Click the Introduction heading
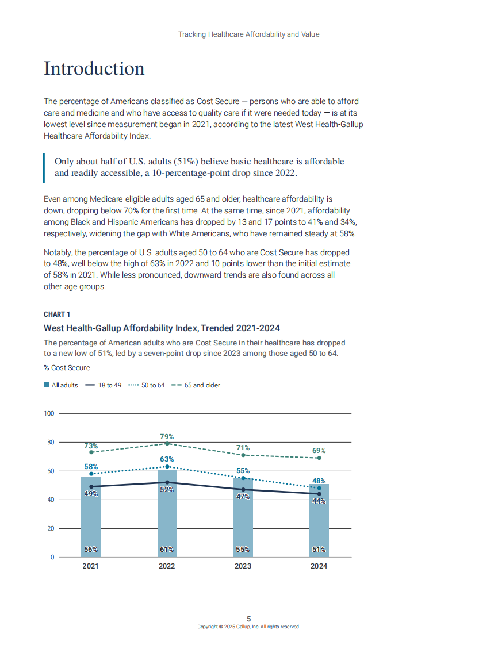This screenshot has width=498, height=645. click(94, 68)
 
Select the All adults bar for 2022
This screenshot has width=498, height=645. click(167, 517)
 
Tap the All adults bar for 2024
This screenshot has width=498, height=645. click(319, 523)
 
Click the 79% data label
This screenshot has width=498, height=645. click(167, 437)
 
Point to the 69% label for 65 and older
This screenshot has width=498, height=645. click(319, 451)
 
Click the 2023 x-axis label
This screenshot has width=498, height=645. click(243, 566)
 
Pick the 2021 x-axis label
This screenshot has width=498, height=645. click(90, 566)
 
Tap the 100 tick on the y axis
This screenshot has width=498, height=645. click(49, 413)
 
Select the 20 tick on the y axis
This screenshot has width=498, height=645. click(51, 528)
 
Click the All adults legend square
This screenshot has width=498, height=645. click(47, 385)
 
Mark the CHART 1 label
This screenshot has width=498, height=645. click(57, 314)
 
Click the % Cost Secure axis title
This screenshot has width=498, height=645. click(67, 368)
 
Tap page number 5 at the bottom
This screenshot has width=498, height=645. click(249, 619)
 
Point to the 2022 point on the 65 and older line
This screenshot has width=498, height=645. click(167, 444)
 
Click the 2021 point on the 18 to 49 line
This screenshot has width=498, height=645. click(91, 487)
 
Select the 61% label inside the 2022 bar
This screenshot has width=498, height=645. click(167, 549)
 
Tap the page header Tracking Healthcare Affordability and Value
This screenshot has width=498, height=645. click(248, 34)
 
